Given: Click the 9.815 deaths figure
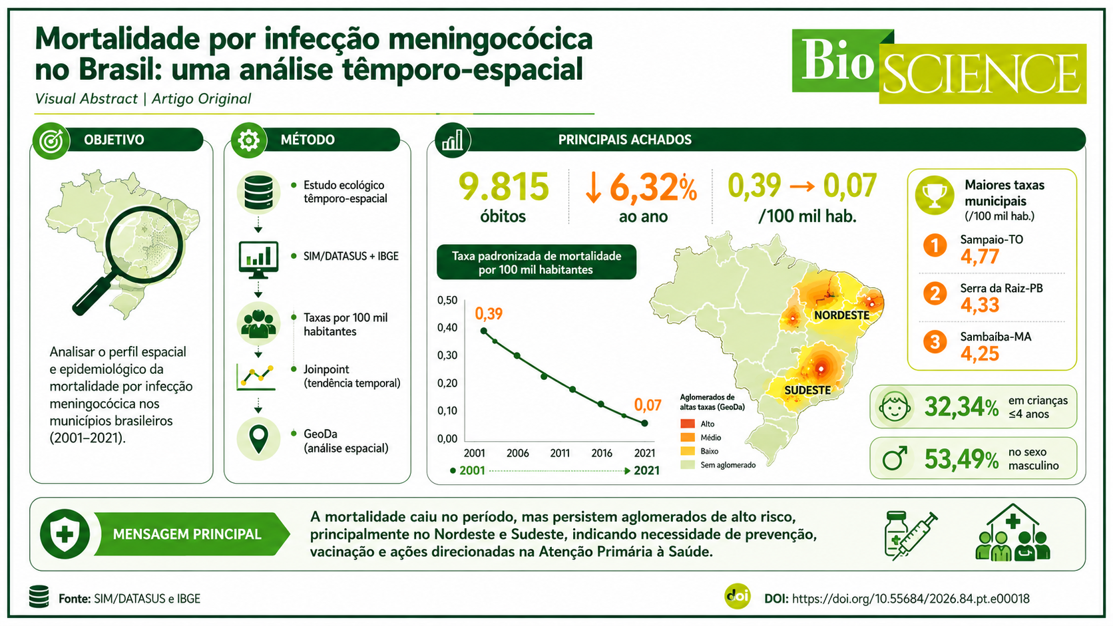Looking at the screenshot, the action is tap(503, 187).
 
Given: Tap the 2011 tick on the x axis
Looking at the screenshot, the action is tap(560, 453).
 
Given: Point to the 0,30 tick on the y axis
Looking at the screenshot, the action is tap(447, 355).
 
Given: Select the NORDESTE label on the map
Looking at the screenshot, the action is tap(841, 315).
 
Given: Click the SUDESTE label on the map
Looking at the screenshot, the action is tap(807, 391).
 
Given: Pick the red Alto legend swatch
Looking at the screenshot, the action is tap(688, 424).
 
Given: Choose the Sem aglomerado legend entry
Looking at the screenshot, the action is tap(718, 465).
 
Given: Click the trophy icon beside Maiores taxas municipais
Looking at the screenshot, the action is tap(935, 196).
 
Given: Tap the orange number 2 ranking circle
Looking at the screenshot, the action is tap(935, 294).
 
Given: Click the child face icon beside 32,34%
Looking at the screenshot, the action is tap(895, 407).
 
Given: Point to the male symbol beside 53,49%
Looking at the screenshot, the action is tap(895, 458).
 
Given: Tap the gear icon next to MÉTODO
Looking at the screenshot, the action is tap(248, 140).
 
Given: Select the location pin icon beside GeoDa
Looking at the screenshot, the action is tap(259, 439).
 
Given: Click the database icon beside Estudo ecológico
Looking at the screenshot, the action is tap(258, 192).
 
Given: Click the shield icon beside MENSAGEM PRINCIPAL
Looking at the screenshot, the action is tap(65, 534).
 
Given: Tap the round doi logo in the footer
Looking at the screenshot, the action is tap(738, 596).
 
